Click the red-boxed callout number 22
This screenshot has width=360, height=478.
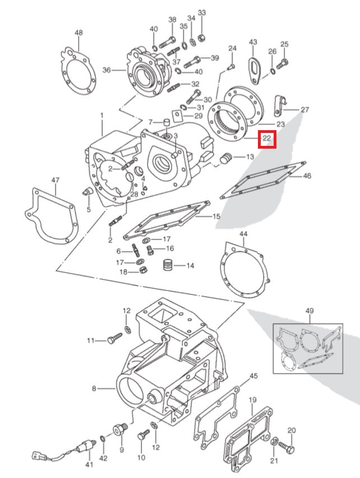[x=267, y=138]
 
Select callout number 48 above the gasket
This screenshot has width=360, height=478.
[x=79, y=33]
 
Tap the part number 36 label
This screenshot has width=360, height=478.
[x=106, y=70]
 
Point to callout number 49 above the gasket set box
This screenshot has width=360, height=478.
[x=310, y=311]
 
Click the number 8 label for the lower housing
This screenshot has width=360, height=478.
[x=94, y=388]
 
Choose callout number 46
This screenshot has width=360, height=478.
[x=307, y=176]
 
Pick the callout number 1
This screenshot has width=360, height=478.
[x=101, y=116]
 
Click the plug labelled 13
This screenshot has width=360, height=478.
[x=226, y=159]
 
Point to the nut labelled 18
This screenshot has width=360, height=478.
[x=144, y=272]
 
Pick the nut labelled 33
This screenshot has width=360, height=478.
[x=202, y=38]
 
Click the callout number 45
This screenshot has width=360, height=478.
[x=253, y=376]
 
